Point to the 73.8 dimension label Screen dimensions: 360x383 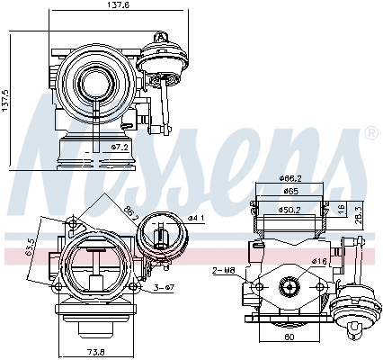[x=94, y=351]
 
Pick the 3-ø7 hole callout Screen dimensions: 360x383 [x=163, y=287]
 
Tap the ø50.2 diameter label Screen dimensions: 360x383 [x=289, y=211]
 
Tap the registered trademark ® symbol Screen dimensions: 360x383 [x=370, y=133]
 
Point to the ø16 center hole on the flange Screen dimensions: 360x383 [x=289, y=287]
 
